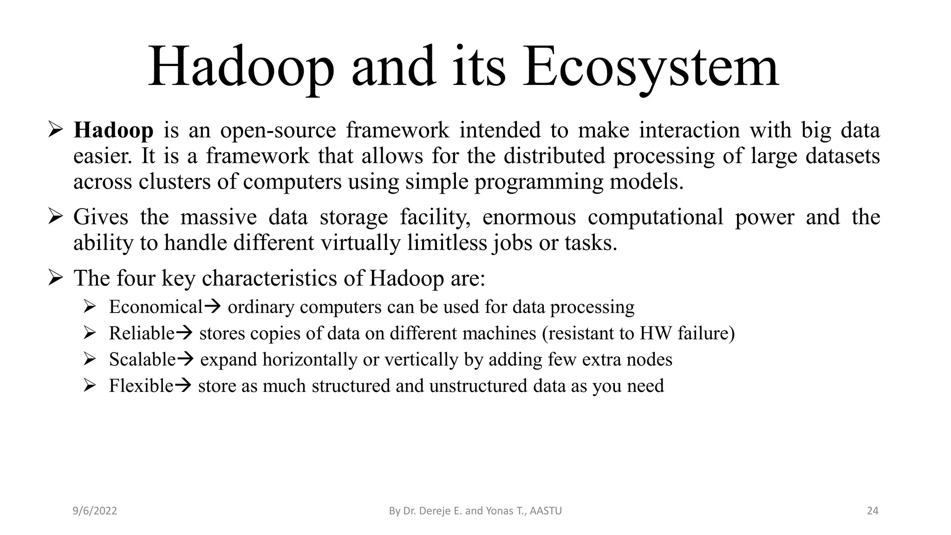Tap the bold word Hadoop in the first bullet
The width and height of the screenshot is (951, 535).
point(113,130)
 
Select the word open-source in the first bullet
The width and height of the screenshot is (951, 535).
point(278,130)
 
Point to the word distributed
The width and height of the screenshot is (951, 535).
point(554,156)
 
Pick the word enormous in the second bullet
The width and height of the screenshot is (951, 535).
point(529,217)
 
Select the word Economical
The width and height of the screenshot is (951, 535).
point(156,307)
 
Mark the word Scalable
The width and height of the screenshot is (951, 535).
point(142,359)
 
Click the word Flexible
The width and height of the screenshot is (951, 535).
point(141,386)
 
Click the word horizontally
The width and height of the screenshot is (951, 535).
point(310,359)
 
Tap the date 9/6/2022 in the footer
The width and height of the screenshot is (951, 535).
point(95,511)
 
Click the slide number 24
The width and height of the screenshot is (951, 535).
point(873,511)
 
